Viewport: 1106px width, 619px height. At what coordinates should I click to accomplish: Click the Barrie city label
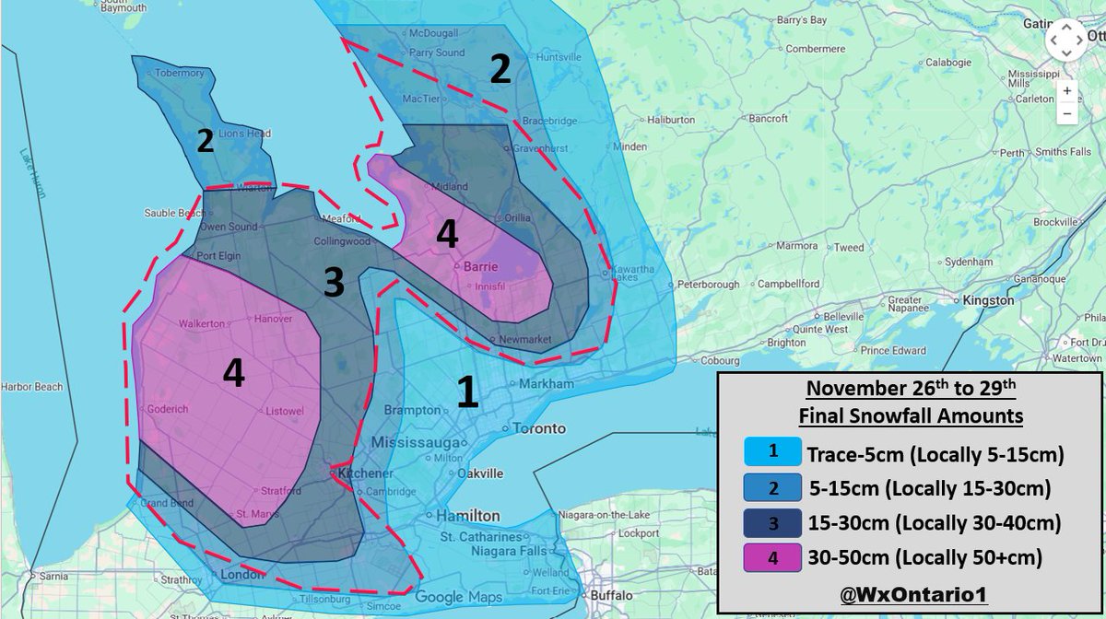coord(481,266)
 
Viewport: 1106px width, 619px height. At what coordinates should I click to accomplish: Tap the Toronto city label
coord(538,428)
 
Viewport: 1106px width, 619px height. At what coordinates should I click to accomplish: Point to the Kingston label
coord(987,300)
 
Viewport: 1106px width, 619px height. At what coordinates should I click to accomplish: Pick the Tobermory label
coord(179,73)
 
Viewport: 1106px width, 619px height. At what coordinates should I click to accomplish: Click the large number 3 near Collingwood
coord(334,283)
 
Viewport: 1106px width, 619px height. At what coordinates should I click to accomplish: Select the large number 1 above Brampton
coord(468,392)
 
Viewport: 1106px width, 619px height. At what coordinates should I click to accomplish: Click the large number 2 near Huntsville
coord(500,70)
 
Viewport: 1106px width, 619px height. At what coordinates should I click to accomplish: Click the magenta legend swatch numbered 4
coord(772,557)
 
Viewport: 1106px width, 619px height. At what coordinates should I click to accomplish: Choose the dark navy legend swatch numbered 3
coord(772,522)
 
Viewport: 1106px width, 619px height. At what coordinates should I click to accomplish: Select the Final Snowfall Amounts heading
coord(911,416)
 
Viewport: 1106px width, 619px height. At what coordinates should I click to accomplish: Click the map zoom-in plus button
coord(1066,91)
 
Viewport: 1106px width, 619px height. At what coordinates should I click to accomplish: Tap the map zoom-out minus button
coord(1066,114)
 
